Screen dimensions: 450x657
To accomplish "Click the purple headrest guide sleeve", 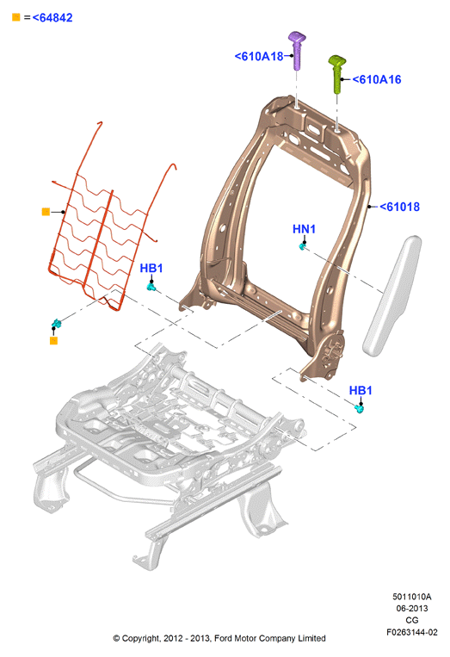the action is click(x=298, y=51).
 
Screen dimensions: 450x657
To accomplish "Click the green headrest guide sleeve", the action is click(x=336, y=74).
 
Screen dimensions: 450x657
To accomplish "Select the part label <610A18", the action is click(x=259, y=56).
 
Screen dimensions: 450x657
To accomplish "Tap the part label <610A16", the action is click(x=377, y=79).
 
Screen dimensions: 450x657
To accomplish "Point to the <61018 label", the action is click(x=399, y=207).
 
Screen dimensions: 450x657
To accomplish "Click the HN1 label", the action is click(x=304, y=229).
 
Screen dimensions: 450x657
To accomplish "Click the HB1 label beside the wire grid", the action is click(x=151, y=268).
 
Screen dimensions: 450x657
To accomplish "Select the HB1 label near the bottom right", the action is click(x=361, y=390).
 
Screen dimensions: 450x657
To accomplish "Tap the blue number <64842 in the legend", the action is click(x=52, y=17).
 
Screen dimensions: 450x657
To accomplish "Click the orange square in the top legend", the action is click(x=15, y=17).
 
